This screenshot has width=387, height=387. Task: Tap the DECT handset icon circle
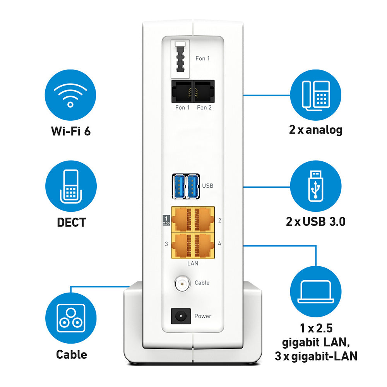[70, 187]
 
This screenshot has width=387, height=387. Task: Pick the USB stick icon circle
[316, 186]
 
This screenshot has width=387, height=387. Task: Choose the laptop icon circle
[316, 291]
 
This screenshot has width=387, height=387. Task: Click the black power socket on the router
[180, 316]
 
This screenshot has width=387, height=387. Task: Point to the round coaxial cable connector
[181, 283]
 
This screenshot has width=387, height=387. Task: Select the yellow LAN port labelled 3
[182, 244]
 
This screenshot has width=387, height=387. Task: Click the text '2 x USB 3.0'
[315, 221]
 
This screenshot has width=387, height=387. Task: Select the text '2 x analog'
[315, 130]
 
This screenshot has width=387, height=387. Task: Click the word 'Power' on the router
[203, 316]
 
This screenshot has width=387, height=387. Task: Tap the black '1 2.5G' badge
[166, 220]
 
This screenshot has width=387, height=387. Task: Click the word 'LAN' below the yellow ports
[192, 263]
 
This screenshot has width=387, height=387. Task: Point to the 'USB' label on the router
[207, 186]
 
